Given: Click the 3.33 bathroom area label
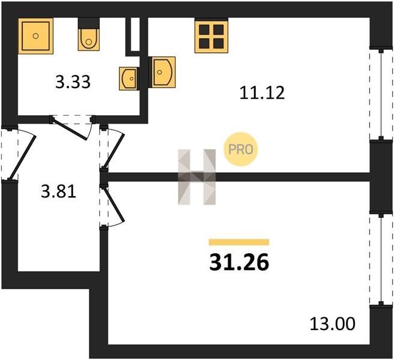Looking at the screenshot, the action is pos(73,82).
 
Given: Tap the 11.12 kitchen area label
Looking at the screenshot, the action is pos(262,92).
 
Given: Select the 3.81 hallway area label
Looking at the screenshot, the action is pos(58,192).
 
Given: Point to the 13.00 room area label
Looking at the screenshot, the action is pos(333,323).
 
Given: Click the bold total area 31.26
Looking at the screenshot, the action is pos(239,263).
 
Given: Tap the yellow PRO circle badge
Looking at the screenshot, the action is pos(241,149).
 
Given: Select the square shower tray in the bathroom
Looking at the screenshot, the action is pos(35,36).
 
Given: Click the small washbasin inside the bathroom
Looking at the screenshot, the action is pos(129,79).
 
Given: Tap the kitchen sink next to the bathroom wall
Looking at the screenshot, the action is pos(162,72).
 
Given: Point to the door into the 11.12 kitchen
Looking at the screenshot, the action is pos(112,148).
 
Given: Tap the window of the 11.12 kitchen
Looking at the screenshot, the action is pos(381,94).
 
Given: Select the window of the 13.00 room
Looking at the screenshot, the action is pos(381,260).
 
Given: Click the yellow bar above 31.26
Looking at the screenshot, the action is pos(239,242).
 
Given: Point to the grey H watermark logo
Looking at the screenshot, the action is pos(197,177).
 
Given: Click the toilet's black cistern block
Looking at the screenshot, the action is pos(89,23).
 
